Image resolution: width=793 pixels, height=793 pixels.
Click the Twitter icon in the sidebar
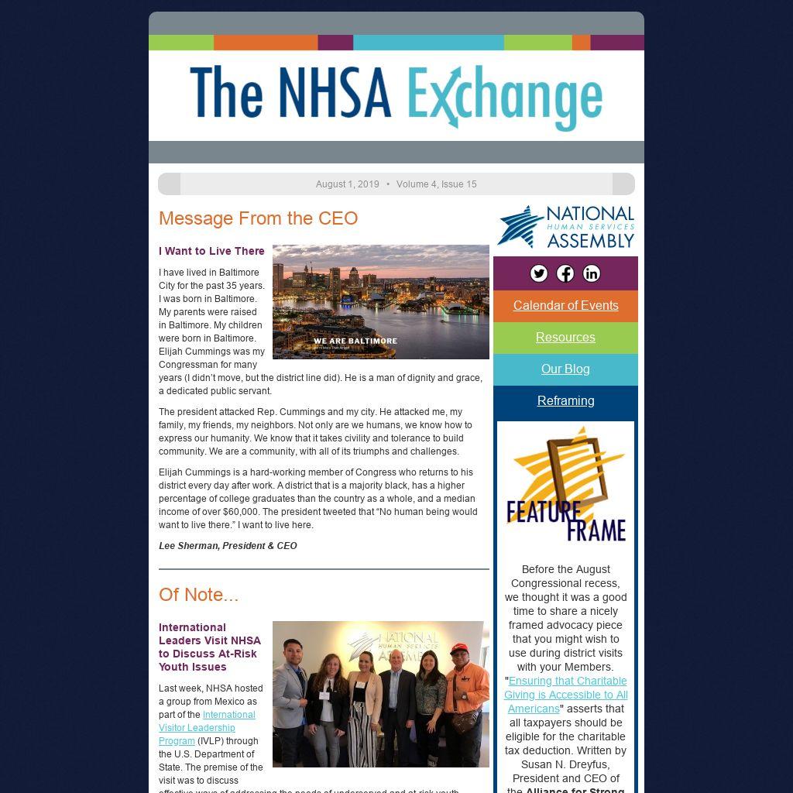[539, 273]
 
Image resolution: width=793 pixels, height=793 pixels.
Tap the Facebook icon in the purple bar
[565, 273]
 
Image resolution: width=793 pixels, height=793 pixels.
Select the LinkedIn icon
[592, 273]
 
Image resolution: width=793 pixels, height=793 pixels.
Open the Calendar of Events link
[565, 305]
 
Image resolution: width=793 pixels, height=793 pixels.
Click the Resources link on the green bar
[565, 337]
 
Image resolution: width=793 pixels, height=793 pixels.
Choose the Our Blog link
[565, 369]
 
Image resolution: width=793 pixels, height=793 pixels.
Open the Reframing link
[565, 400]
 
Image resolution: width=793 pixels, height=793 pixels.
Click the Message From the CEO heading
[258, 218]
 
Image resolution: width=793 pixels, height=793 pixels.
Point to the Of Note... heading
[198, 595]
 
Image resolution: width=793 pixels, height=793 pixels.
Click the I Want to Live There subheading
[211, 251]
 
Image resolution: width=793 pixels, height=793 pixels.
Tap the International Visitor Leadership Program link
[206, 728]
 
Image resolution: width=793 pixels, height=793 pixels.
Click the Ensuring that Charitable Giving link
[566, 695]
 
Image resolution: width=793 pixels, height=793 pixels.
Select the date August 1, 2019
[347, 184]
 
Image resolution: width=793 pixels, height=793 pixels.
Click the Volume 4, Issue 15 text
[436, 184]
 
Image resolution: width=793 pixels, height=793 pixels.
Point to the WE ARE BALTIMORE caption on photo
[355, 341]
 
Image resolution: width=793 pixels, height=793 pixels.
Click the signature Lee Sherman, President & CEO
[228, 546]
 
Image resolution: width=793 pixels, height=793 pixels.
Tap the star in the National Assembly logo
[520, 225]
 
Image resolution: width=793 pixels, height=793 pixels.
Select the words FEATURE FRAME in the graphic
[566, 520]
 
